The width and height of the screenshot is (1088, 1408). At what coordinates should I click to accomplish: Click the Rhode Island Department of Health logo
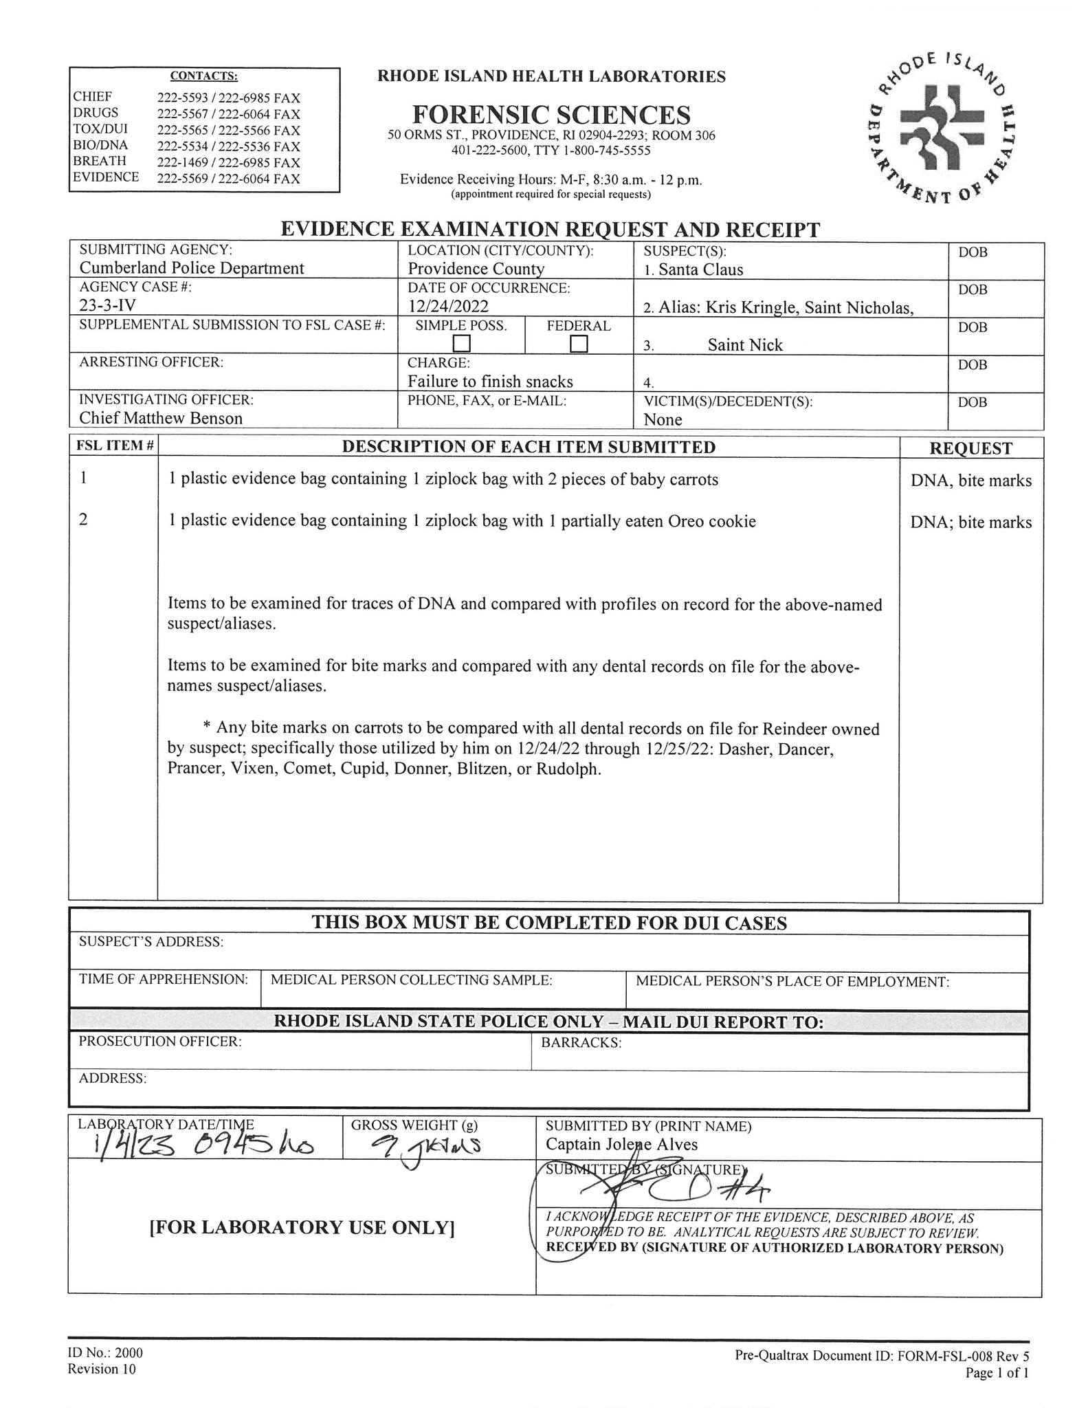pos(940,129)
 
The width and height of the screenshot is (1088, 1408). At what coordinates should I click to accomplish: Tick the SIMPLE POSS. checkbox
pos(461,342)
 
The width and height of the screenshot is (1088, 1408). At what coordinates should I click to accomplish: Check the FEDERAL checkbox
pos(579,342)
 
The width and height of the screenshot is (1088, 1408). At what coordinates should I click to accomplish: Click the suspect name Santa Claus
pos(700,269)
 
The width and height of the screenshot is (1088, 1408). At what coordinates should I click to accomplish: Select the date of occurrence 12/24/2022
pos(447,306)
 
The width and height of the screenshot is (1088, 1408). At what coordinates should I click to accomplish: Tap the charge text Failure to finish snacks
pos(490,382)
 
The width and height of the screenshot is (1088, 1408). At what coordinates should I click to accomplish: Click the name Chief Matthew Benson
pos(161,418)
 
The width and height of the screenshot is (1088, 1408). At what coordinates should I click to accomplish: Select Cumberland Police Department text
pos(192,268)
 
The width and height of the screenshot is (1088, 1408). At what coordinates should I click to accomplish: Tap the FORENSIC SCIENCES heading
pos(551,114)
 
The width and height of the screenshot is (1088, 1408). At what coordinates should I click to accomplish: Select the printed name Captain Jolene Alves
pos(621,1144)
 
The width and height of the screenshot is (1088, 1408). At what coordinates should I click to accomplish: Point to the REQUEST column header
pos(970,448)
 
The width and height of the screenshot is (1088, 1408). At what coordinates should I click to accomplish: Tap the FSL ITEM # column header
pos(113,446)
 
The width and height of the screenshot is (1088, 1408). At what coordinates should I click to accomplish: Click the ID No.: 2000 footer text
pos(105,1353)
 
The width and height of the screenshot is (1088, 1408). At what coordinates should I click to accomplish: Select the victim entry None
pos(663,419)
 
